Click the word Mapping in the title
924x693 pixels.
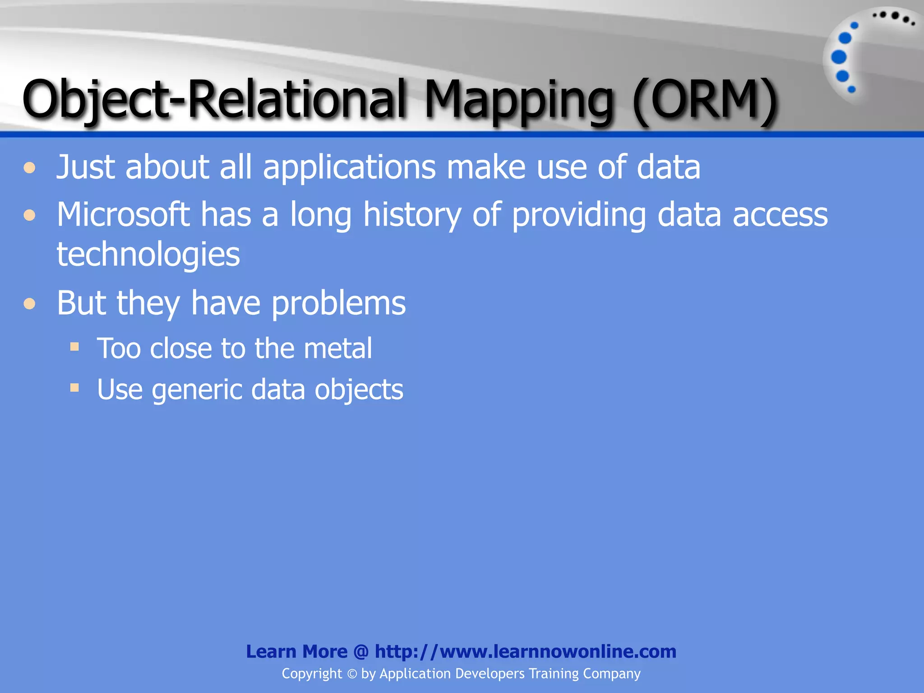(x=519, y=100)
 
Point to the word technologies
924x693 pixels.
(x=148, y=254)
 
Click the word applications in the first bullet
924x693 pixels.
(x=349, y=167)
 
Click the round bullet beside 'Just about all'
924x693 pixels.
(x=30, y=168)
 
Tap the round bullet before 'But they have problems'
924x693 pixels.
(x=30, y=304)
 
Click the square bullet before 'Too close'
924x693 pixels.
(x=74, y=346)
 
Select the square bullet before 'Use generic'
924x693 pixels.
(x=74, y=388)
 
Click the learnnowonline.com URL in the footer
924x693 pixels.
(x=525, y=651)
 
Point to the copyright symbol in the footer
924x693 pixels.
(x=352, y=674)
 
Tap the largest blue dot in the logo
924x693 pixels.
(x=839, y=57)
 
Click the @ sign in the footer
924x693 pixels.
(x=361, y=651)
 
